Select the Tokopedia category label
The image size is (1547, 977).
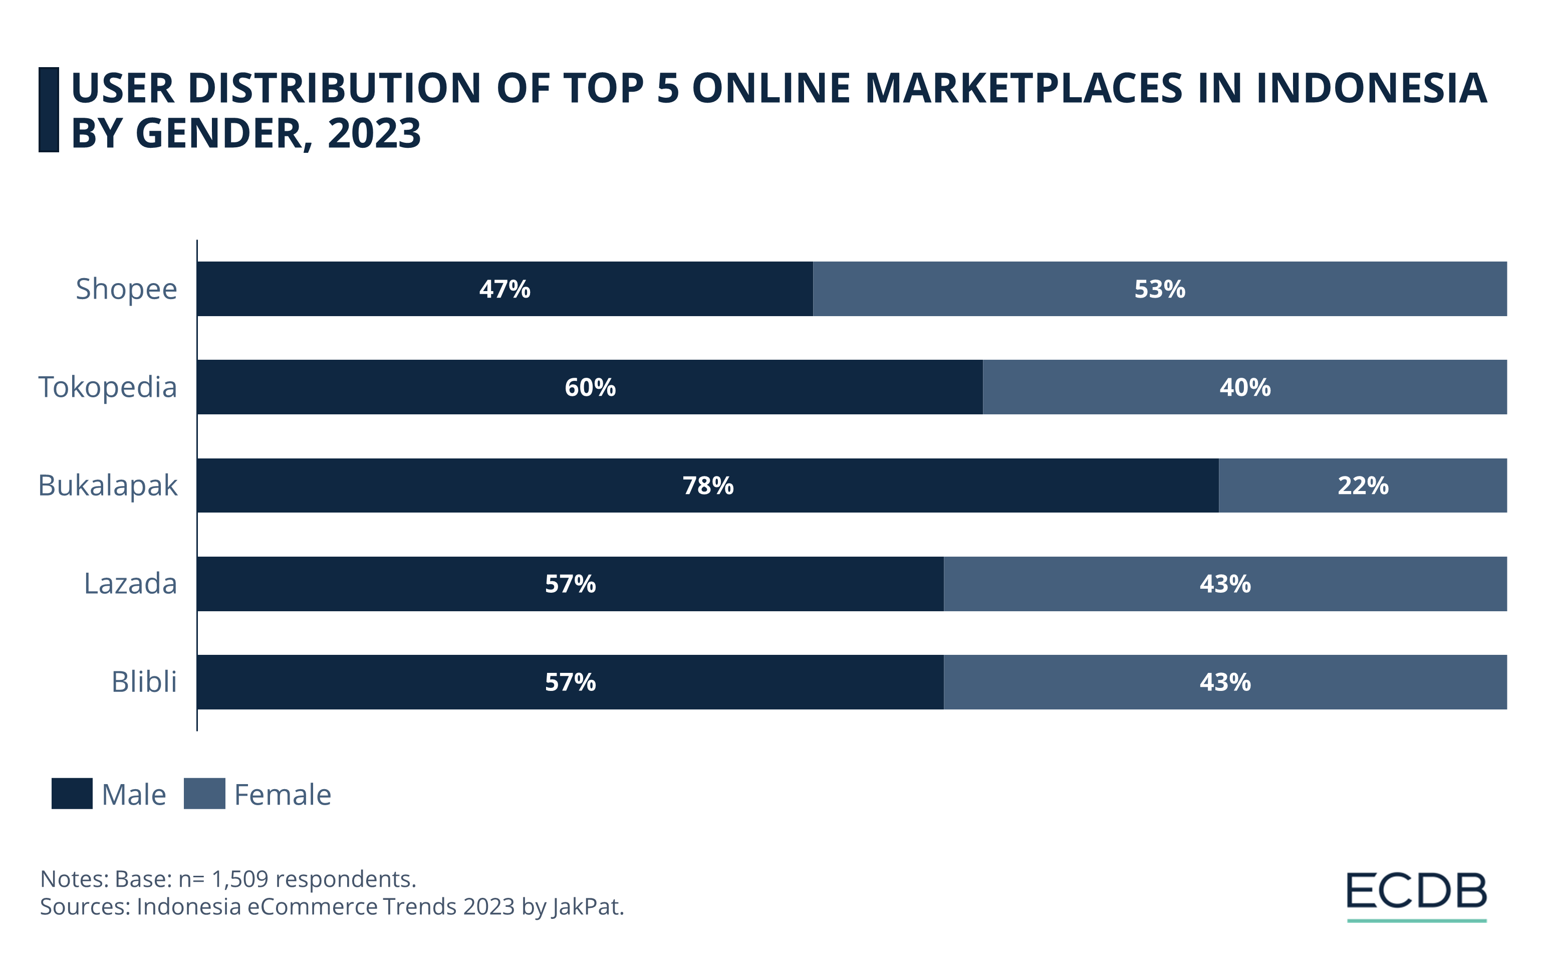107,387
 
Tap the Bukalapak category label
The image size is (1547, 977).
107,485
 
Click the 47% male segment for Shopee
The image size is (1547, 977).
504,289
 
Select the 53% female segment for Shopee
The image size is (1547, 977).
1160,289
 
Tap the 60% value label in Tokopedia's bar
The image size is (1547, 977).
590,387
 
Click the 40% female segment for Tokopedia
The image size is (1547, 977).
1244,387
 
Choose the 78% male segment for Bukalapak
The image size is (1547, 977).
707,485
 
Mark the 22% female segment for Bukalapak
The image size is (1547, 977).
1363,485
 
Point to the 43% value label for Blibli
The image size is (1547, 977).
1225,682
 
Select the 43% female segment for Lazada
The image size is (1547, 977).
1225,584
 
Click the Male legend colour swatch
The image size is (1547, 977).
72,794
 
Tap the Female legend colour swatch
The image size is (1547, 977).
204,794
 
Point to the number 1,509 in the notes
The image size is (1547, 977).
239,879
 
